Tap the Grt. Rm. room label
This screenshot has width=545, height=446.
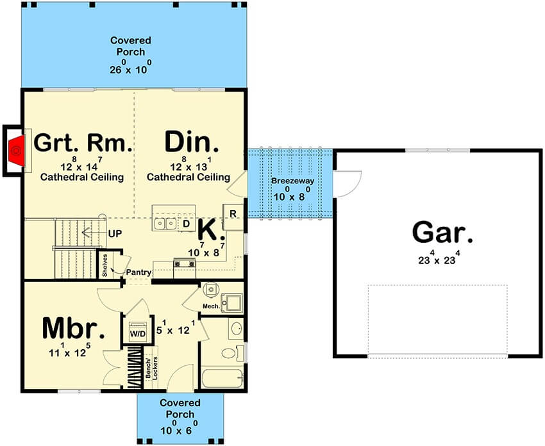tap(83, 143)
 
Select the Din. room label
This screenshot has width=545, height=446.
tap(192, 142)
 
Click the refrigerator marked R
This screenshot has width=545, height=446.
tap(233, 217)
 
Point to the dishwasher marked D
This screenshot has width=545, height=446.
tap(187, 224)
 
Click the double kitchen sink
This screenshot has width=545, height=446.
tap(165, 223)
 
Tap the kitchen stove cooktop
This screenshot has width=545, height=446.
tap(184, 263)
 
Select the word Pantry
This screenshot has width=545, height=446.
tap(138, 272)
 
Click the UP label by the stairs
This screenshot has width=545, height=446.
tap(115, 234)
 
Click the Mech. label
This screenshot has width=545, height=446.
tap(212, 306)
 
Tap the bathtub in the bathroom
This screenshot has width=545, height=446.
tap(222, 379)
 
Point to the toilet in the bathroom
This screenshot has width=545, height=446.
tap(232, 352)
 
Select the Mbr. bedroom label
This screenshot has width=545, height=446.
tap(73, 329)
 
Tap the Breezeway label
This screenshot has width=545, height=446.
tap(292, 181)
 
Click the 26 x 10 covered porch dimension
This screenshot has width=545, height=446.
tap(131, 67)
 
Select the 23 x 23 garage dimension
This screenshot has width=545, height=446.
tap(439, 258)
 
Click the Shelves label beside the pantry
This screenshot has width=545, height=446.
tap(105, 265)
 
